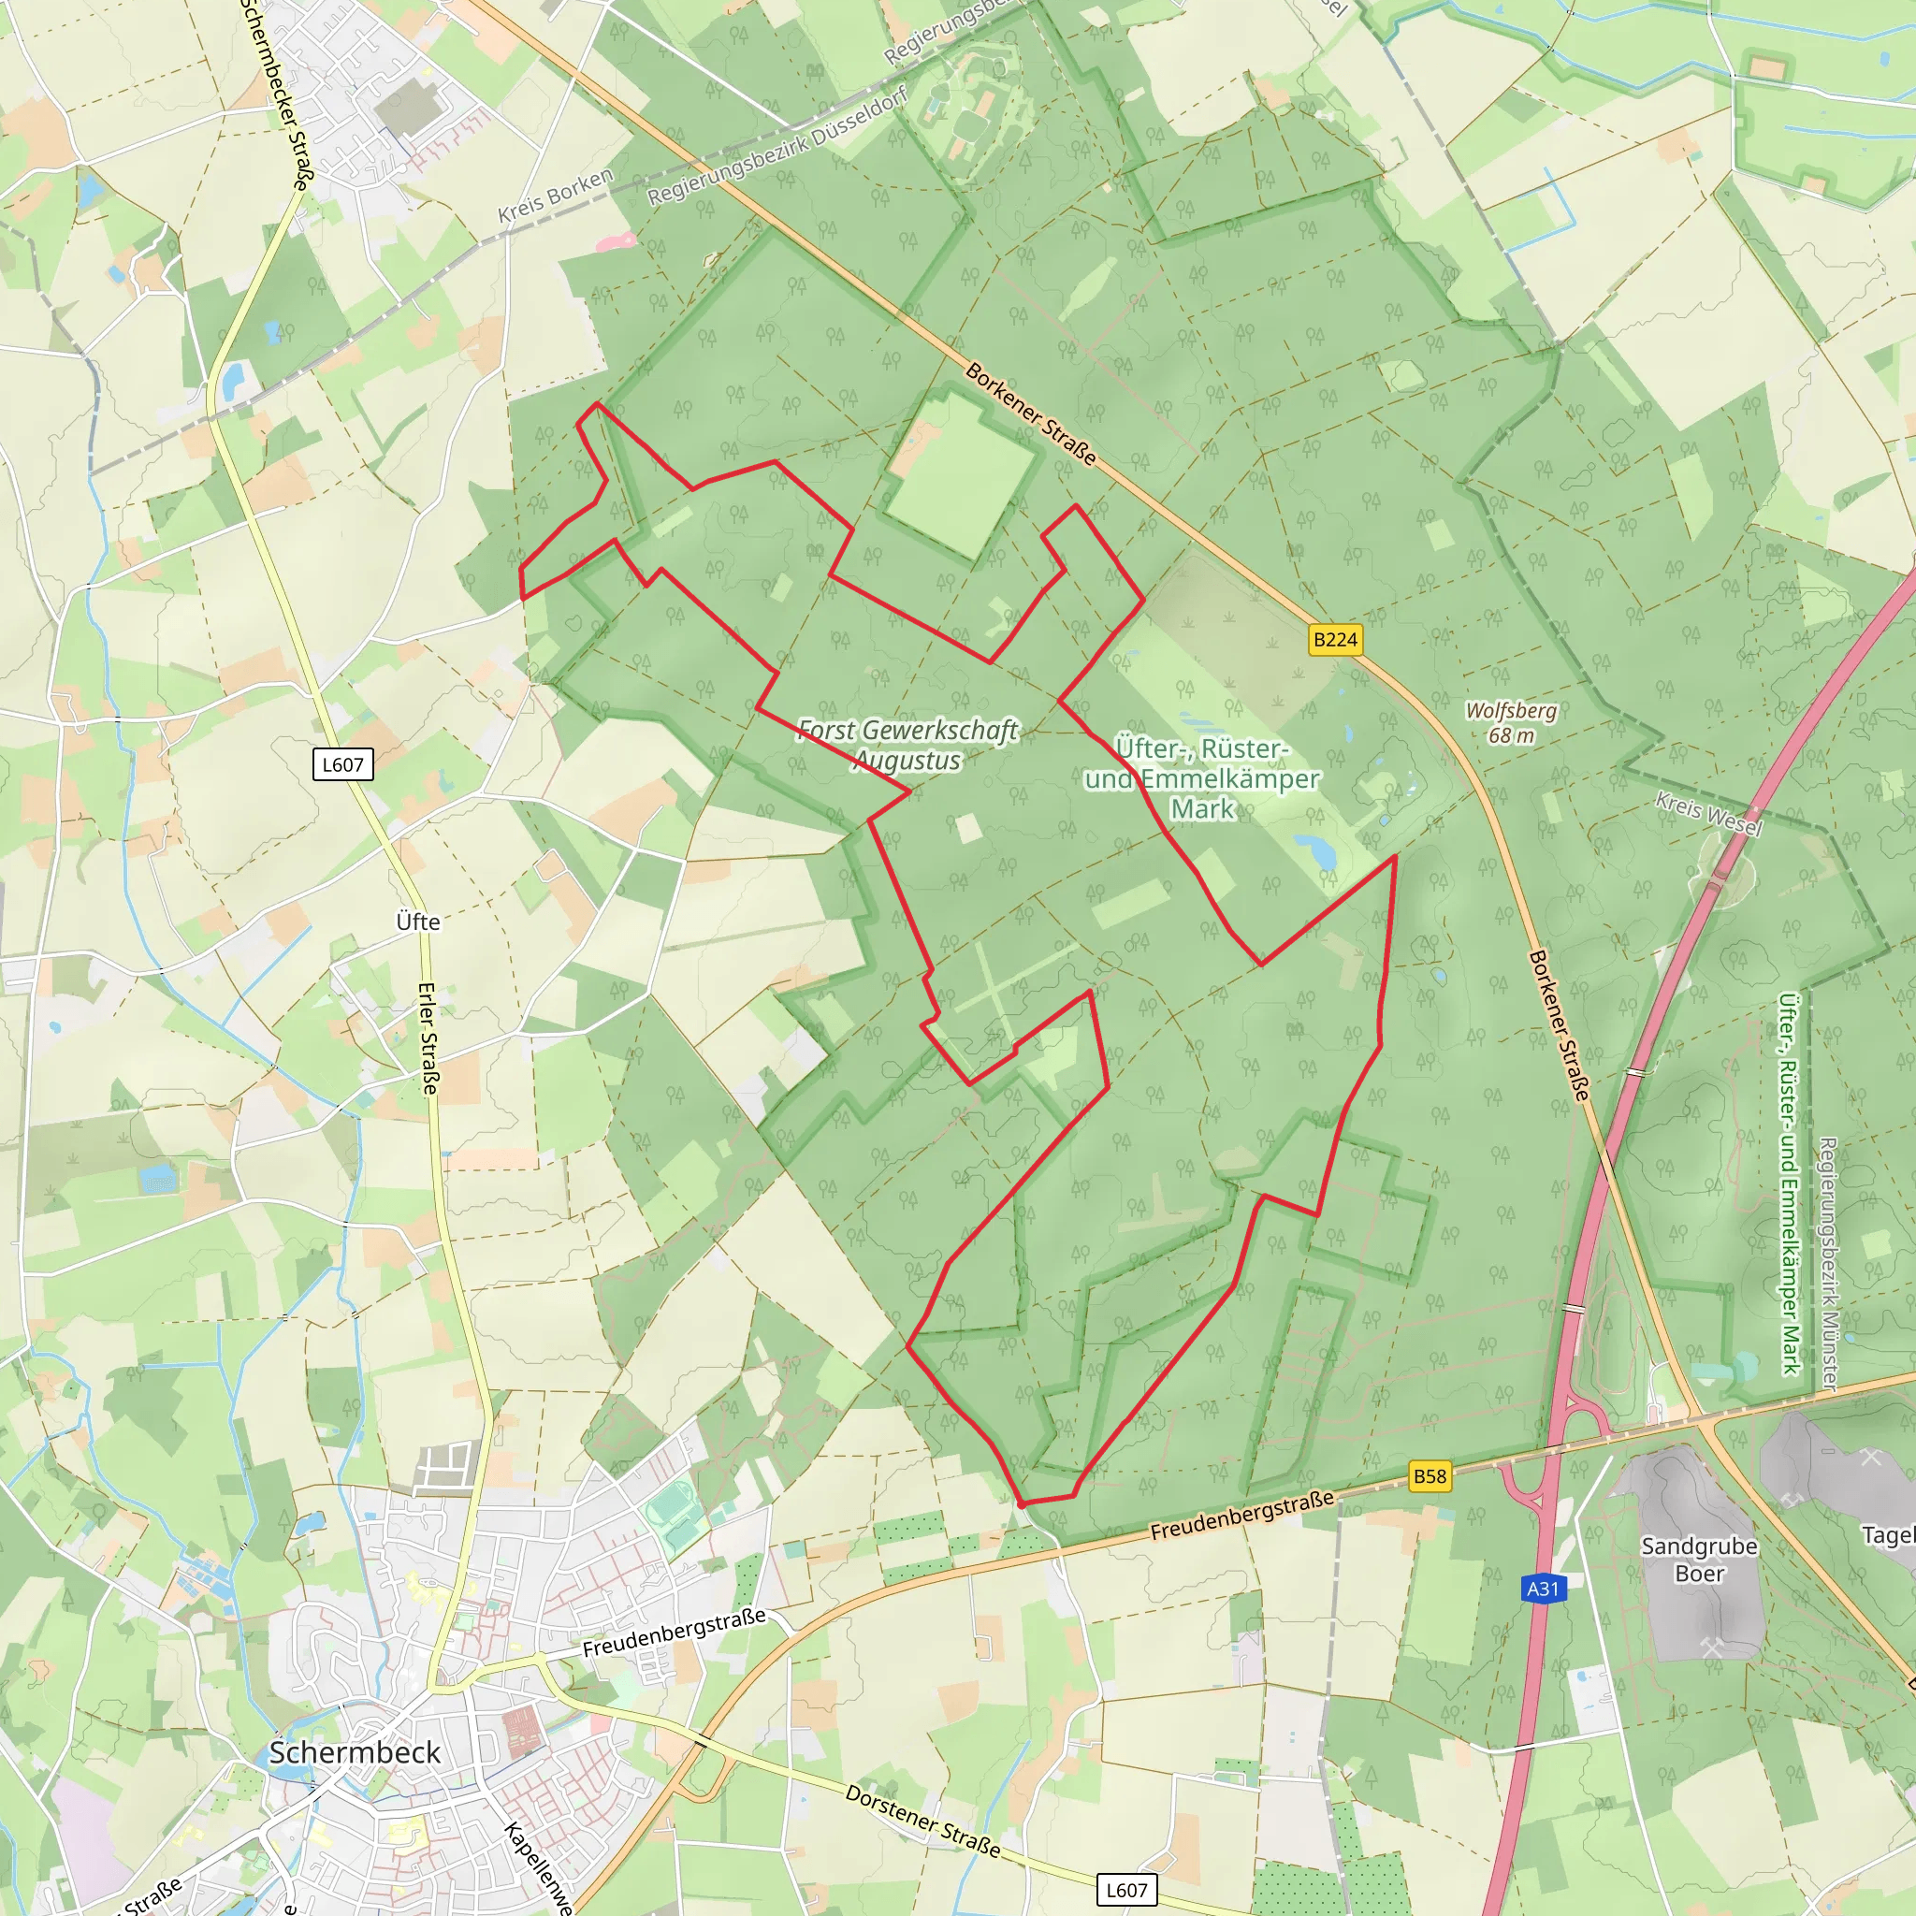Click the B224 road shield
[1335, 640]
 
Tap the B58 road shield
[1430, 1475]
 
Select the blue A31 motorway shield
[1542, 1589]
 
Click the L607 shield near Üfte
[342, 764]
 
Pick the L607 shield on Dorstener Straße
[1126, 1890]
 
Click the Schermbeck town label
[354, 1752]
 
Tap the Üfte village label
[417, 922]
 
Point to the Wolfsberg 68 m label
[1512, 723]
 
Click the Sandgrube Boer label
[1700, 1560]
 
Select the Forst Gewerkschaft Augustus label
[907, 746]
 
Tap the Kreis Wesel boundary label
[1708, 814]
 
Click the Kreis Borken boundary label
[556, 196]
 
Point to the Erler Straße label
[428, 1038]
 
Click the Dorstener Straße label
[922, 1821]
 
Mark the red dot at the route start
[1022, 1504]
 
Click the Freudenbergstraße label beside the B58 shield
[1241, 1516]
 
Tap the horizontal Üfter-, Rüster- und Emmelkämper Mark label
[1202, 778]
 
